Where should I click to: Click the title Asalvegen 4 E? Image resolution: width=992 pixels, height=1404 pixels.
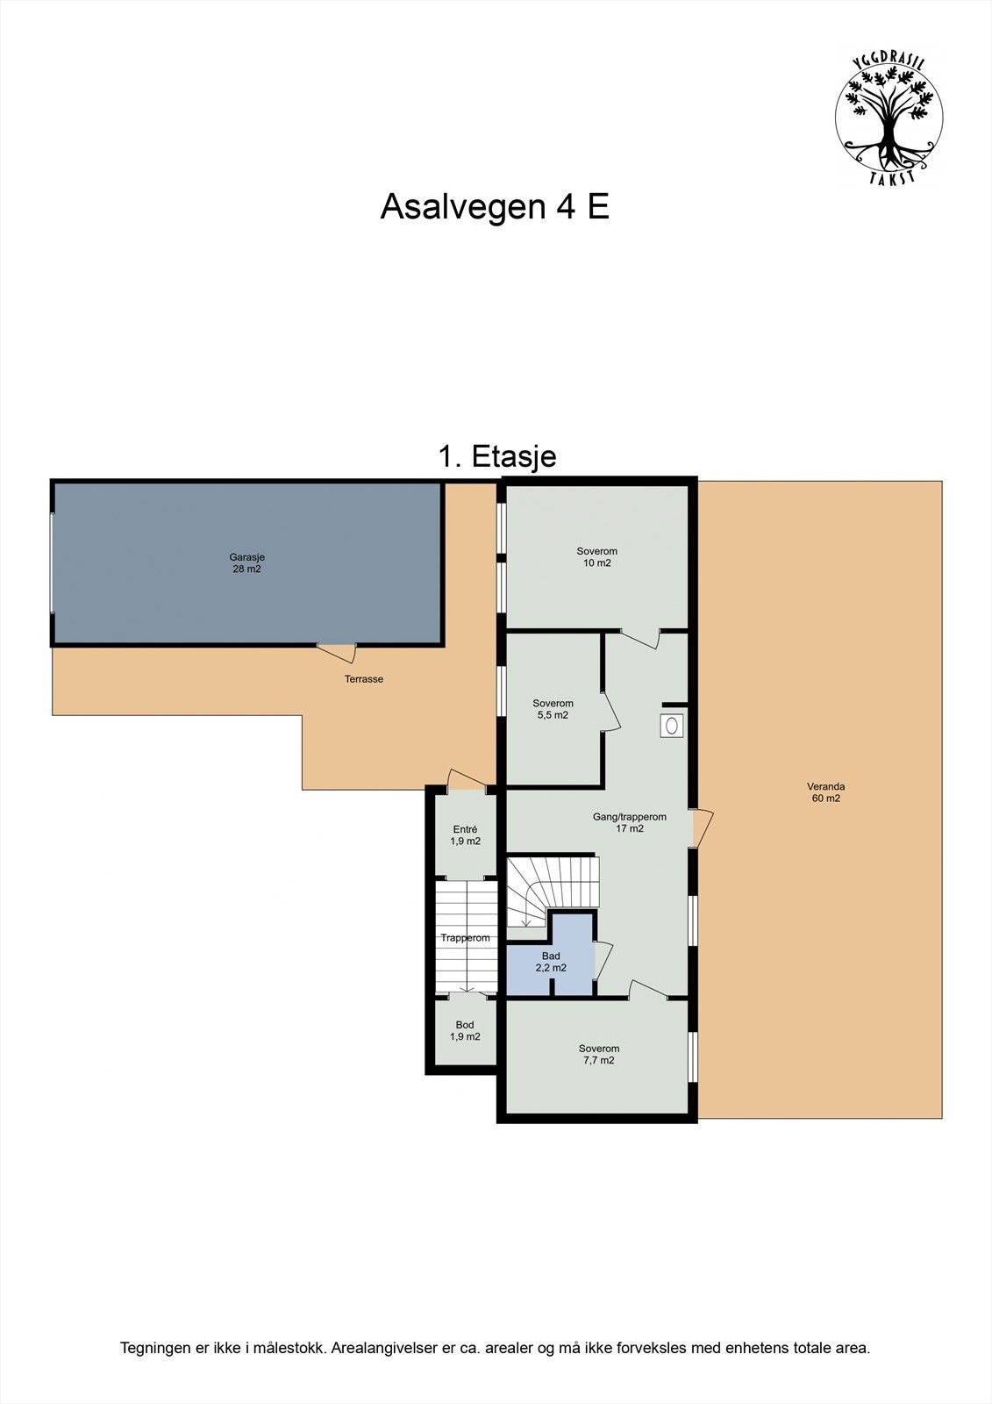pos(495,207)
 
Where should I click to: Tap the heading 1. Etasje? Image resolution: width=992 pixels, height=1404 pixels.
pos(496,456)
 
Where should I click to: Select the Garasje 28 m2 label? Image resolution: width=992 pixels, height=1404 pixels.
pos(246,562)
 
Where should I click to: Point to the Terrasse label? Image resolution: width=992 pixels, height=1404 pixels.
pos(363,679)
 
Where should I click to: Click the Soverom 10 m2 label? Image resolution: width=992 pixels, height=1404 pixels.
pos(596,557)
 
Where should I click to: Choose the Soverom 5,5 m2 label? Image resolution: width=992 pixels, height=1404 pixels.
pos(553,709)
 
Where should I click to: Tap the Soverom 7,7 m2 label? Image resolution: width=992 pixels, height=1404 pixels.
pos(598,1054)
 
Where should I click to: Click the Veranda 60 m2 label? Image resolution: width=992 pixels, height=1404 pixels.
pos(825,792)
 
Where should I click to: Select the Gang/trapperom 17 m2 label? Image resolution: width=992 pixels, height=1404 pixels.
pos(629,822)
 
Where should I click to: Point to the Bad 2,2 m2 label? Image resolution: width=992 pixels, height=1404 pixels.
pos(551,962)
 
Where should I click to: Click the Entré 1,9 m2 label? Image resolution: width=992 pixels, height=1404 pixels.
pos(465,835)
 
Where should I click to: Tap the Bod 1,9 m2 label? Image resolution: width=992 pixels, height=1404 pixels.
pos(465,1030)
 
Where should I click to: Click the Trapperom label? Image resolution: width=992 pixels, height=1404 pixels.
pos(465,938)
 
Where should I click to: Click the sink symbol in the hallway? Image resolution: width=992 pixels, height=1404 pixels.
pos(673,726)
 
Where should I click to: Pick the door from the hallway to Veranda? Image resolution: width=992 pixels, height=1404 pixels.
pos(702,827)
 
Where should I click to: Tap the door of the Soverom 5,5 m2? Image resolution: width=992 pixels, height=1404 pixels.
pos(610,710)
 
